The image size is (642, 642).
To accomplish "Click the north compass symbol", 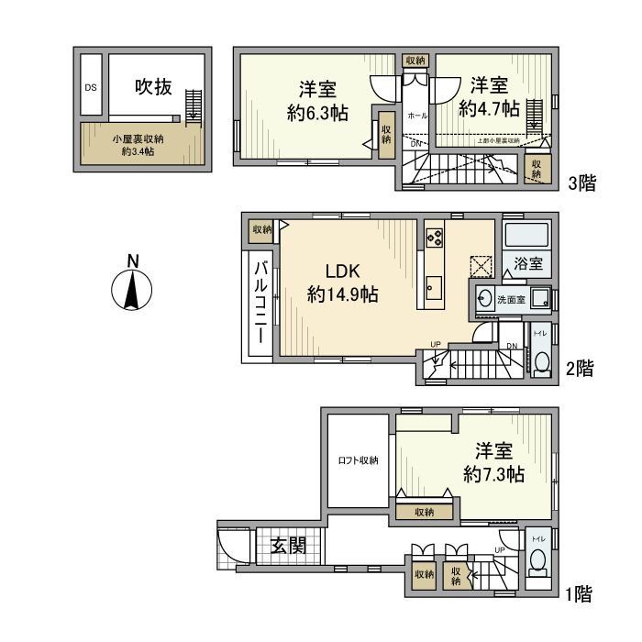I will coord(131,288).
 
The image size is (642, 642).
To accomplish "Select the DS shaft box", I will coord(91,88).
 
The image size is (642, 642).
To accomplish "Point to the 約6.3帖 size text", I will coord(315,115).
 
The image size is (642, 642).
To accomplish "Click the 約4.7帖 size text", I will coord(489,108).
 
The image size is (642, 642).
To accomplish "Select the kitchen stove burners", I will coord(434,238).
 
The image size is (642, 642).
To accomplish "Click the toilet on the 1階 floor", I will coord(538,559).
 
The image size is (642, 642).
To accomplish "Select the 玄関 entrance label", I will coord(287,549).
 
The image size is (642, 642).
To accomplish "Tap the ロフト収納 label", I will coord(358,460).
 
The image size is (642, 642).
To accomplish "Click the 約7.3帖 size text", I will coord(493,474).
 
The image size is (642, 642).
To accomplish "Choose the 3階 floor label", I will coord(581,183).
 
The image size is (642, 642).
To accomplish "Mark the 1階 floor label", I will coord(578,595).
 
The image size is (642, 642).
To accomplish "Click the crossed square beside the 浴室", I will coord(481,266).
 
